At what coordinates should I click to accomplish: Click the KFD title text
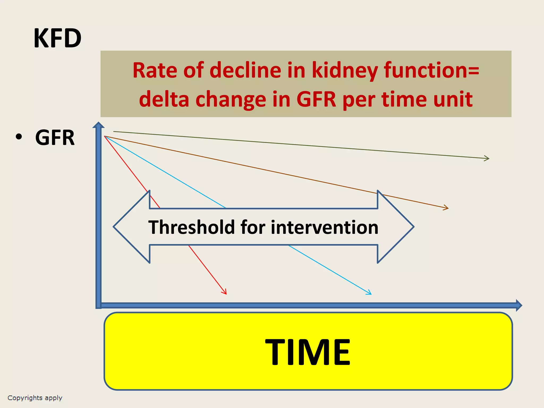(x=57, y=39)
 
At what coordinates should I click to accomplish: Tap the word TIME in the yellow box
(x=308, y=352)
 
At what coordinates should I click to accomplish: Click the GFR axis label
(x=55, y=138)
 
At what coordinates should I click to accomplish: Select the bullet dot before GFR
(x=19, y=137)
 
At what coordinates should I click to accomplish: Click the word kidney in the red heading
(x=345, y=71)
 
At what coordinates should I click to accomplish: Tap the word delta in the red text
(x=164, y=99)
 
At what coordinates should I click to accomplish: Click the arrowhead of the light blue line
(x=369, y=293)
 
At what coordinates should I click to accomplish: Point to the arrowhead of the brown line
(x=447, y=208)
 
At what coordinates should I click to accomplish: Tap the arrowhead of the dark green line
(x=487, y=158)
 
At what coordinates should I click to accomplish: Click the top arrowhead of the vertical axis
(x=99, y=125)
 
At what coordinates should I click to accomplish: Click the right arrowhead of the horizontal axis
(x=519, y=305)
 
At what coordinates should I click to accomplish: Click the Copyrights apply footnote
(x=35, y=398)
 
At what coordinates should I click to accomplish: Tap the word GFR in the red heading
(x=316, y=99)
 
